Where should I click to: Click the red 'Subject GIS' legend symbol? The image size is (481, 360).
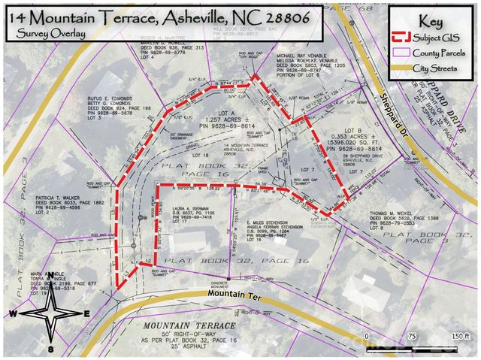404,37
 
